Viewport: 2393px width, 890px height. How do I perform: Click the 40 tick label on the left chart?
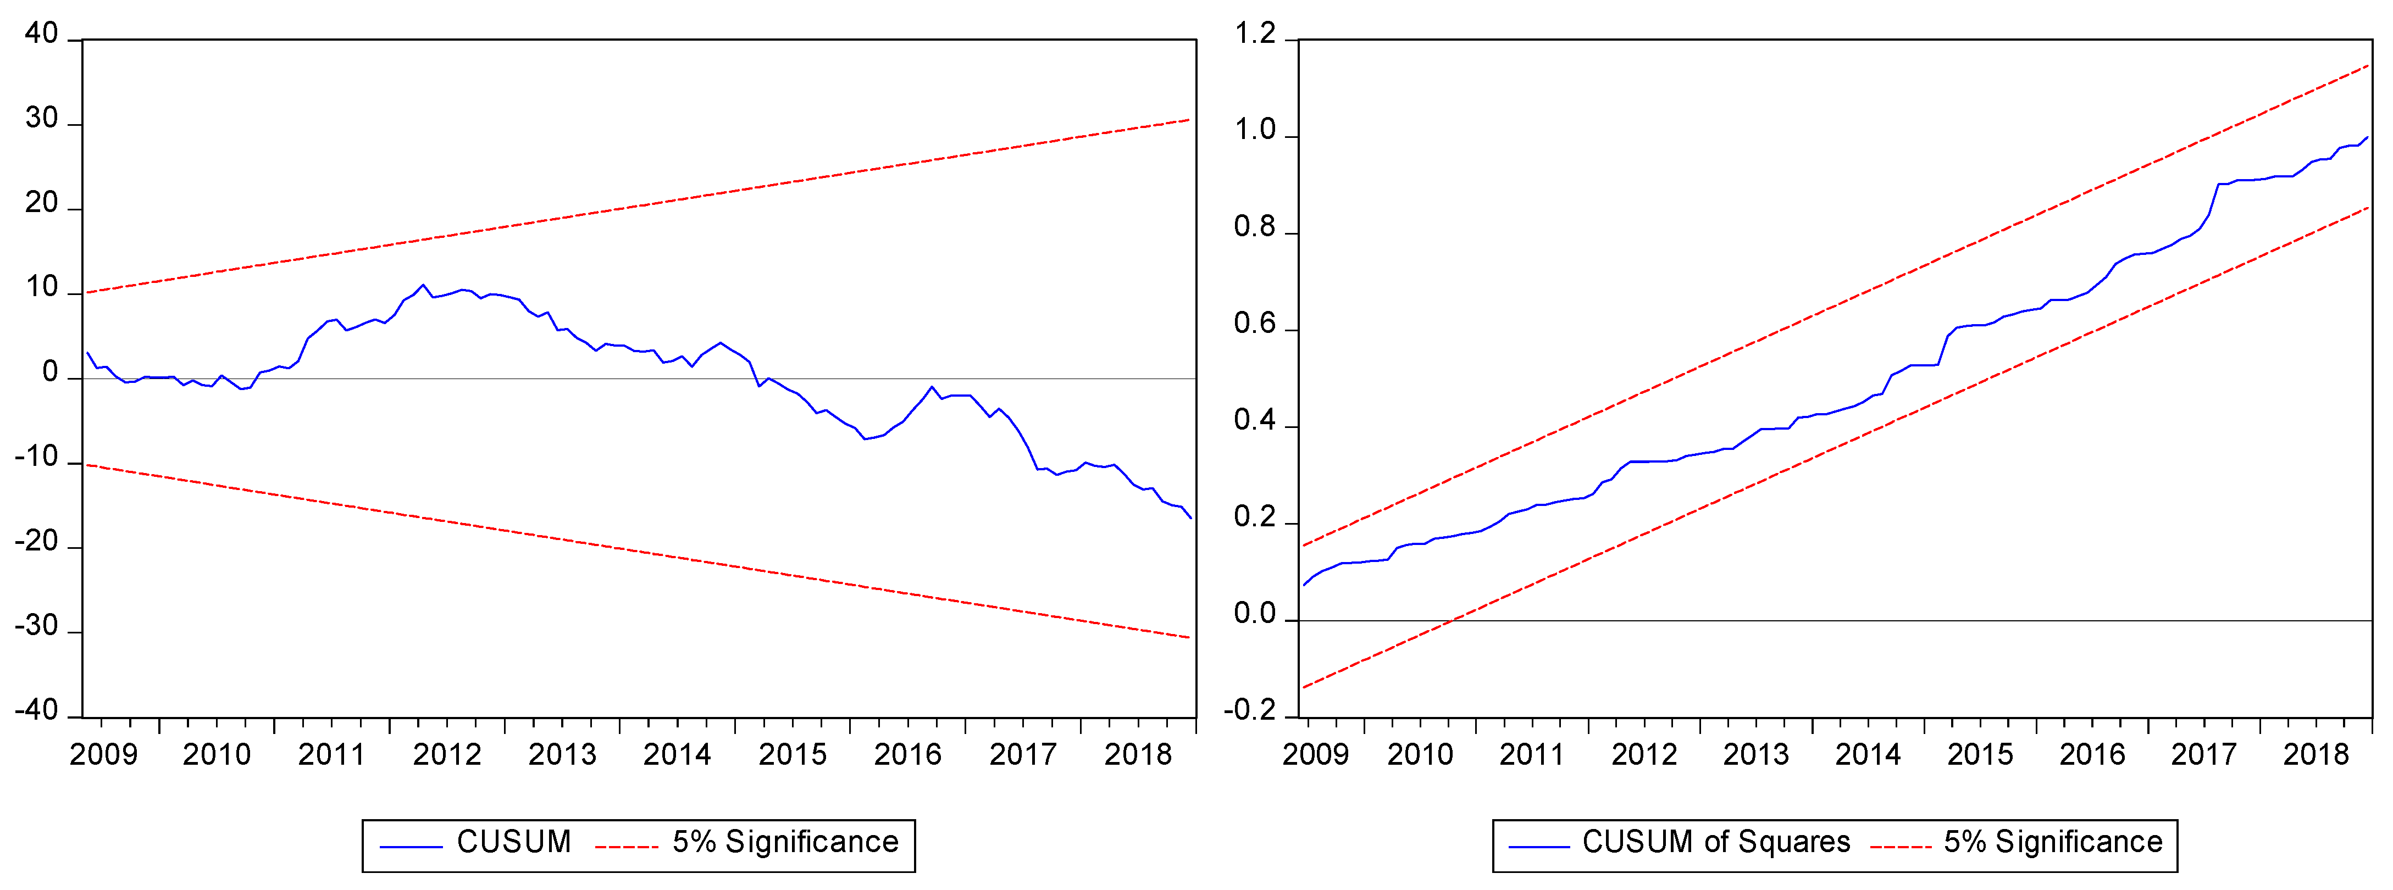pyautogui.click(x=41, y=35)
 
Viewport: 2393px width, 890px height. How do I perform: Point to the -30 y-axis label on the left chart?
pyautogui.click(x=36, y=627)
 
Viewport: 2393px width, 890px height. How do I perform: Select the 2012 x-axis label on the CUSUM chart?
pyautogui.click(x=447, y=754)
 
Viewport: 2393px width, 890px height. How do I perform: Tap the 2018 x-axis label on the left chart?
pyautogui.click(x=1138, y=754)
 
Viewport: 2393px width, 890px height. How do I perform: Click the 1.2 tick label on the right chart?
pyautogui.click(x=1254, y=35)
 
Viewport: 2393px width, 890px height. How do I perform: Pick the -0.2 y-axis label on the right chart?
pyautogui.click(x=1249, y=711)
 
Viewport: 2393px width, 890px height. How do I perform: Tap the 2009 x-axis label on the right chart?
pyautogui.click(x=1315, y=754)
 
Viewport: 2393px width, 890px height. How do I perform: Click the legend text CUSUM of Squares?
pyautogui.click(x=1716, y=842)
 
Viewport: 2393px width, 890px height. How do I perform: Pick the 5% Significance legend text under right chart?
pyautogui.click(x=2053, y=842)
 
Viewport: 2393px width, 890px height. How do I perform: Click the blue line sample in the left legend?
pyautogui.click(x=411, y=847)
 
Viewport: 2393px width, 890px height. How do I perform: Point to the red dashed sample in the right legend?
pyautogui.click(x=1901, y=847)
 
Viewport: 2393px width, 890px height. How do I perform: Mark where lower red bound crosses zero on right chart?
pyautogui.click(x=1451, y=621)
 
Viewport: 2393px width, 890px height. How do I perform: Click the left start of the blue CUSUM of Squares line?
pyautogui.click(x=1304, y=585)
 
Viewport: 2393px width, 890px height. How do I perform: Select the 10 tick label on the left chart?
pyautogui.click(x=41, y=288)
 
